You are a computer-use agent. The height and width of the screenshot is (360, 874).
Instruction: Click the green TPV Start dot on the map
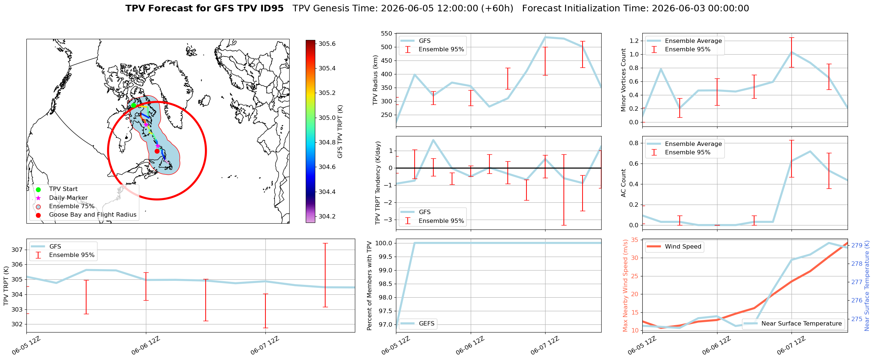click(x=133, y=106)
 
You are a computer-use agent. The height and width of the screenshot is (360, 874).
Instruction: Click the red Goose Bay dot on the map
click(x=157, y=151)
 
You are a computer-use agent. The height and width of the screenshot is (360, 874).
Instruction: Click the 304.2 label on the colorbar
click(x=327, y=216)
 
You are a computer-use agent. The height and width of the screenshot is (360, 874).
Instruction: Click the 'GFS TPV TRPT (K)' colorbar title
click(x=340, y=132)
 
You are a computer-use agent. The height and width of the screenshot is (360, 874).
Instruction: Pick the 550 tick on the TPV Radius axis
click(x=387, y=34)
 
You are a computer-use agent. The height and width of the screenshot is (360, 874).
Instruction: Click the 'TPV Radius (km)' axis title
click(x=375, y=80)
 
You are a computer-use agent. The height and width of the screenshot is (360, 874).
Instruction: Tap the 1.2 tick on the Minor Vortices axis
click(x=633, y=41)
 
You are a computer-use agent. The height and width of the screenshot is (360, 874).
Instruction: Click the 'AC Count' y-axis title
click(x=623, y=183)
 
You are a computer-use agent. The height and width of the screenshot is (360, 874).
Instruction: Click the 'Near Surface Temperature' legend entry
click(x=793, y=324)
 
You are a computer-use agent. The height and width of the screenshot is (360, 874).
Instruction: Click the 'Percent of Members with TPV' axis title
click(x=370, y=286)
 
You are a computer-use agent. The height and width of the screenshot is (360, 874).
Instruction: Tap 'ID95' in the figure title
click(x=271, y=8)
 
